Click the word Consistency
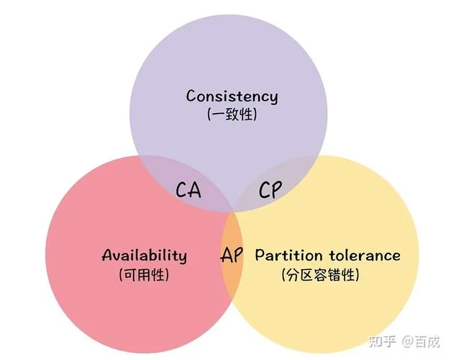pyautogui.click(x=232, y=96)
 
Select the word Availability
pyautogui.click(x=145, y=256)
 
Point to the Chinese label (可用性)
pyautogui.click(x=144, y=274)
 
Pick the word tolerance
pyautogui.click(x=365, y=255)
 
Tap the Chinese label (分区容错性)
pyautogui.click(x=321, y=275)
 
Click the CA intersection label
pyautogui.click(x=188, y=189)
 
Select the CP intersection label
pyautogui.click(x=270, y=189)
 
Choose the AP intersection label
pyautogui.click(x=232, y=255)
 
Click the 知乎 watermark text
pyautogui.click(x=382, y=341)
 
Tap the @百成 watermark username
pyautogui.click(x=421, y=341)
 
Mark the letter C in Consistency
pyautogui.click(x=191, y=96)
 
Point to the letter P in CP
pyautogui.click(x=276, y=190)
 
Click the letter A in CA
pyautogui.click(x=195, y=190)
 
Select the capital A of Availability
pyautogui.click(x=108, y=255)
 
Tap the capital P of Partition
pyautogui.click(x=260, y=255)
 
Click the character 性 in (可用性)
pyautogui.click(x=159, y=274)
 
